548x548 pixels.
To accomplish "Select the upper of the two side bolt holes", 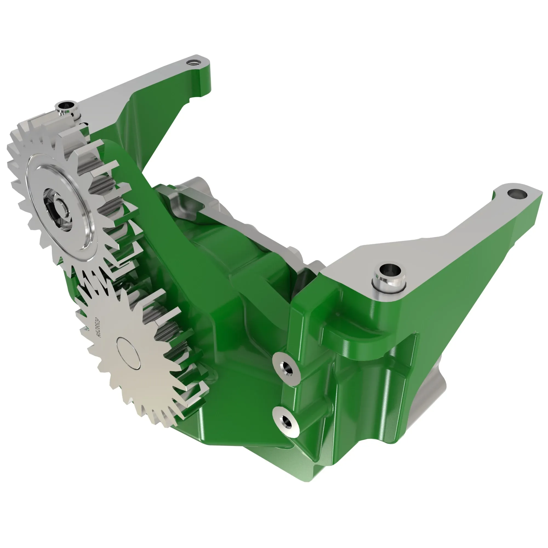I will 286,369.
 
